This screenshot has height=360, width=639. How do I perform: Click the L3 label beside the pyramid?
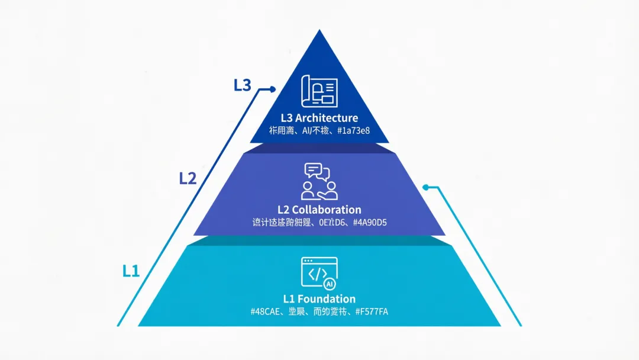(243, 85)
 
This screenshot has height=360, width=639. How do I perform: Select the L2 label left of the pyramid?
(188, 178)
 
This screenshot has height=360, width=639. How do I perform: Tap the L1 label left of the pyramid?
(131, 271)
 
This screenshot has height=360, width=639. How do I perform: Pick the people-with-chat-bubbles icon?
(319, 182)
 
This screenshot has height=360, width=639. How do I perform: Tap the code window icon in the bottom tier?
(319, 273)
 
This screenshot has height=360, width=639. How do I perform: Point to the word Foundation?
(327, 299)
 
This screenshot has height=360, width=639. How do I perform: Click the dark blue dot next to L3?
(273, 89)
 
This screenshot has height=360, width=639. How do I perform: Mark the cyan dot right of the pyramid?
(425, 188)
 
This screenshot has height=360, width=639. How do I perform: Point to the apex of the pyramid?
(319, 31)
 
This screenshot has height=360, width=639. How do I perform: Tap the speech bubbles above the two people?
(317, 171)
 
